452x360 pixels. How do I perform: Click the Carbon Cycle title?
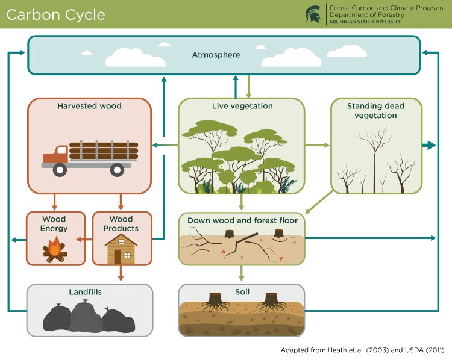[x=55, y=14]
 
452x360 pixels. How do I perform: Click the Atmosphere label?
[x=216, y=55]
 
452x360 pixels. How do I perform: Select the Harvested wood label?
[x=89, y=106]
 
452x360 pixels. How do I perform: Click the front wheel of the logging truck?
[x=60, y=170]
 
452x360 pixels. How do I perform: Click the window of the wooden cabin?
[x=121, y=241]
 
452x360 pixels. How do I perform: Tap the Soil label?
[x=242, y=292]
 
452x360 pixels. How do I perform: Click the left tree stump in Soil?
[x=215, y=299]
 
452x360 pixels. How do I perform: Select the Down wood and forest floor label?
[x=242, y=220]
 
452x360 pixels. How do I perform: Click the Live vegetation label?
[x=242, y=106]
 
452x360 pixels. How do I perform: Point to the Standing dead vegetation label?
[x=375, y=110]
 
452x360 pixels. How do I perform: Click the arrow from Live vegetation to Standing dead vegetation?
[x=317, y=145]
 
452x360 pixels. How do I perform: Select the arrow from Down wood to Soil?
[x=242, y=273]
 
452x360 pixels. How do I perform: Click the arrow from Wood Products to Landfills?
[x=121, y=273]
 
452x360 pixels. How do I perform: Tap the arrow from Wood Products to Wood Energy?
[x=88, y=240]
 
